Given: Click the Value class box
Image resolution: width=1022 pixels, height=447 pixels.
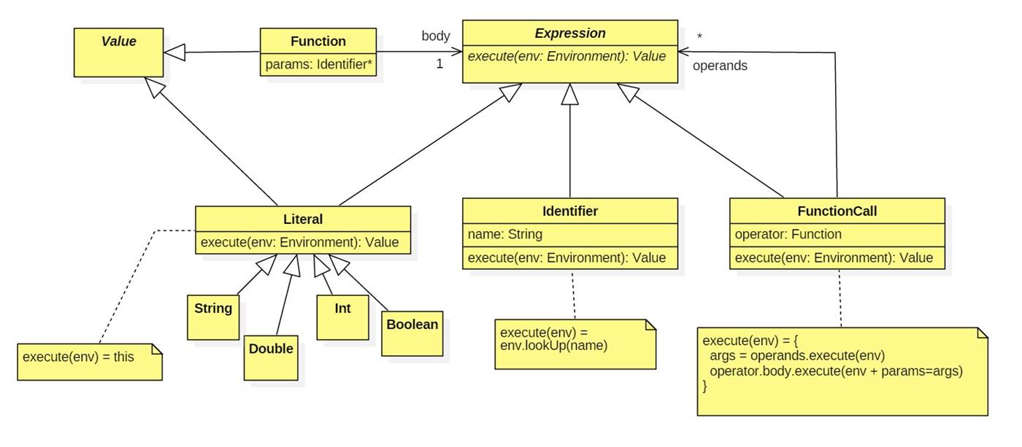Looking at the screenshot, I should pos(118,52).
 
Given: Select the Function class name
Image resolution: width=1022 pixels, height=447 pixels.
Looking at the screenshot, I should pos(318,41).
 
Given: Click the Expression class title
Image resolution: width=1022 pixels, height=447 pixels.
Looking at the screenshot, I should pos(570,33).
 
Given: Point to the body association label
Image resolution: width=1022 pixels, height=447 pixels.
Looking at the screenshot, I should pos(436,36).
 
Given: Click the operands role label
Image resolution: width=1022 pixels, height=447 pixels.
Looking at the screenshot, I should pos(720,66).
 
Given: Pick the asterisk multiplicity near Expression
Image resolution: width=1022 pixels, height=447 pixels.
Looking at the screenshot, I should pos(700,36).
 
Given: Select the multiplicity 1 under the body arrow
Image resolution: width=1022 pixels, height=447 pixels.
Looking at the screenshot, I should pos(439,64).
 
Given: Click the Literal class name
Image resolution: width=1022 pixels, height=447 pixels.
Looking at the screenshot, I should pos(302,219).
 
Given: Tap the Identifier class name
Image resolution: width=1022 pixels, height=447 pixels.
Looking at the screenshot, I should pos(570,211).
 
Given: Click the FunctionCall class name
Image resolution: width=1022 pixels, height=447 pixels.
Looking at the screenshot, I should pos(837,211).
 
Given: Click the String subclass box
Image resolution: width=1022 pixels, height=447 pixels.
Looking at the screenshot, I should pos(213,316).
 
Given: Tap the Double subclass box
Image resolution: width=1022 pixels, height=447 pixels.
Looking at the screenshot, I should pos(271,357).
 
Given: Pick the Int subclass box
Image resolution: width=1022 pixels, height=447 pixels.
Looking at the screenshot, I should pos(342,316).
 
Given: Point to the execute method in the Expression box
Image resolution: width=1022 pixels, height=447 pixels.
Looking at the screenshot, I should pos(567,56).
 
